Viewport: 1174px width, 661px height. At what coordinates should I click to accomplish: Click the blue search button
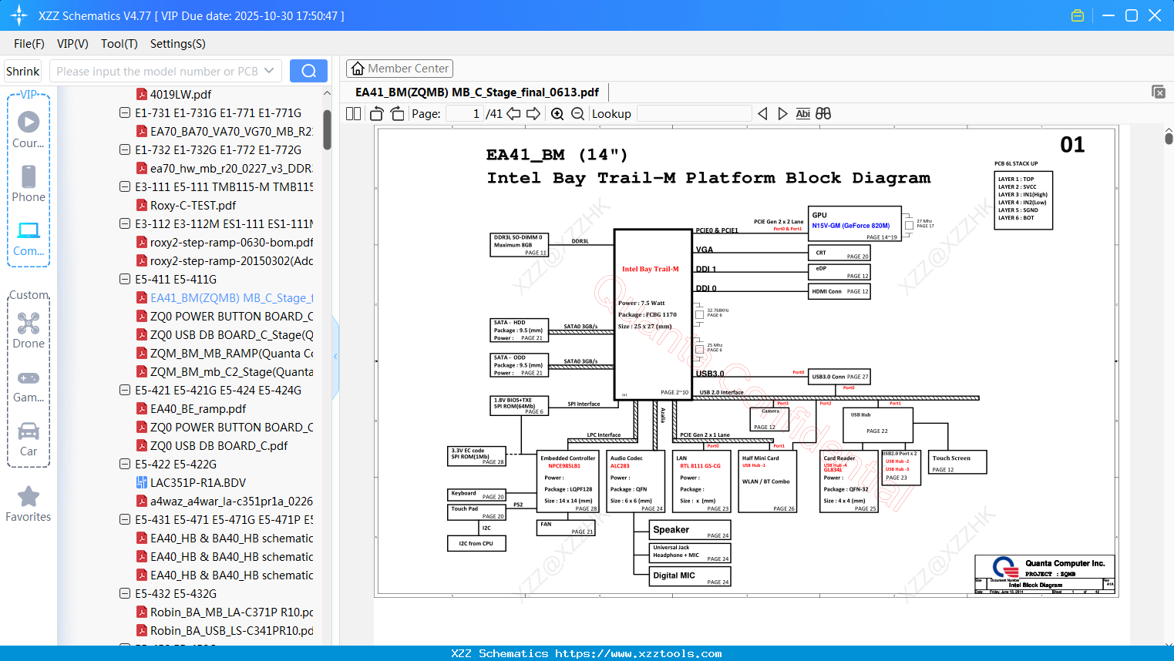(308, 71)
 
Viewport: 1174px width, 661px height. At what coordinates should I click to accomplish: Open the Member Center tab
(399, 69)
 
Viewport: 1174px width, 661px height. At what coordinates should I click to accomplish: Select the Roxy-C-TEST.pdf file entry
(193, 205)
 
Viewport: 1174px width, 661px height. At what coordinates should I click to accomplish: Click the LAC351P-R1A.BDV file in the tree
(197, 482)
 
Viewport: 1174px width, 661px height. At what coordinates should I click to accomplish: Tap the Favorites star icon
(29, 497)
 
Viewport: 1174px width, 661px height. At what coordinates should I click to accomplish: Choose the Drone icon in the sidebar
(29, 324)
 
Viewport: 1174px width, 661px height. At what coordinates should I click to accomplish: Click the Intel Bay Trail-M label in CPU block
(651, 269)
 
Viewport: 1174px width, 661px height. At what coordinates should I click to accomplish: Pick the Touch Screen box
(957, 462)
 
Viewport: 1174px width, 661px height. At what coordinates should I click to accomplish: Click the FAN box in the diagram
(565, 528)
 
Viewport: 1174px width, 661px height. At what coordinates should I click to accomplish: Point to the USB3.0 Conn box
(839, 377)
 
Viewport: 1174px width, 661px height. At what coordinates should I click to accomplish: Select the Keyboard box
(476, 495)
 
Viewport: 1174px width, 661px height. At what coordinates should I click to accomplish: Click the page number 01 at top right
(1072, 145)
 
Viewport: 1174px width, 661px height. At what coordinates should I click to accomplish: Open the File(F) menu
(29, 44)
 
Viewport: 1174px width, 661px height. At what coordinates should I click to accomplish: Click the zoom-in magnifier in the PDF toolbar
(557, 114)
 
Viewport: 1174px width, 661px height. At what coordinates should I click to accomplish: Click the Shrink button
(23, 71)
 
